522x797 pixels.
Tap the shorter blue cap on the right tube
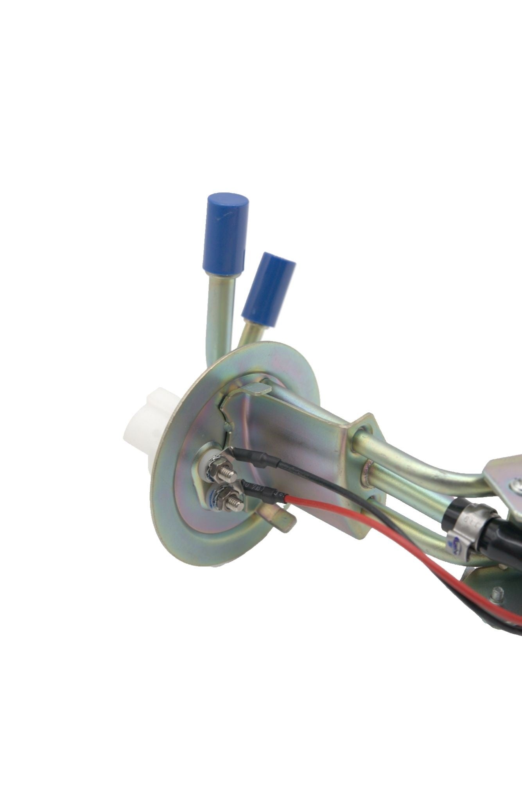[x=268, y=285]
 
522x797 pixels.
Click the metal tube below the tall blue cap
[x=218, y=309]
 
